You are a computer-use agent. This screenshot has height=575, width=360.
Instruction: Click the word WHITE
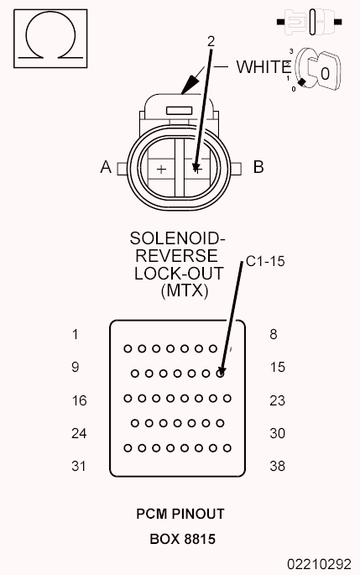point(264,67)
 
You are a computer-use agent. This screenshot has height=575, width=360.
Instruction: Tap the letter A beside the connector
point(106,167)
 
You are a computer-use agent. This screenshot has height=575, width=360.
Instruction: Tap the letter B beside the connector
point(258,167)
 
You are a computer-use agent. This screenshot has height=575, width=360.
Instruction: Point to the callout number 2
point(211,41)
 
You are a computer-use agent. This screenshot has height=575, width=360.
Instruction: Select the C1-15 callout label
point(265,261)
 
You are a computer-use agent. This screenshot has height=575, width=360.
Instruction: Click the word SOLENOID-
point(177,238)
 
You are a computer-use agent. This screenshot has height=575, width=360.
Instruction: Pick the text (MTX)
point(185,290)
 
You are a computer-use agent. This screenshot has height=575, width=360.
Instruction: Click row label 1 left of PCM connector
point(76,334)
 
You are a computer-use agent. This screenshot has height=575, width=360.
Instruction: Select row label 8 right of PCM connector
point(274,334)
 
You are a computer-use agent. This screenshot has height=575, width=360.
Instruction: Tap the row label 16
point(79,400)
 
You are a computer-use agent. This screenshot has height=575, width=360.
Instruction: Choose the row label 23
point(277,400)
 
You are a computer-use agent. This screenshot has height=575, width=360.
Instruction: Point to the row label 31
point(78,466)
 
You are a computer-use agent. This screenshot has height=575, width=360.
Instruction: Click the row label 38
point(277,466)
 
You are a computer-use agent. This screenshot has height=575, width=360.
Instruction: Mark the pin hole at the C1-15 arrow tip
point(220,374)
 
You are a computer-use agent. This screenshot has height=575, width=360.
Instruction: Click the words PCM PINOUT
point(180,514)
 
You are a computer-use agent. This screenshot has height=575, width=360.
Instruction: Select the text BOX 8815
point(183,539)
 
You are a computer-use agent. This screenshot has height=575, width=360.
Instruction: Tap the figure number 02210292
point(319,564)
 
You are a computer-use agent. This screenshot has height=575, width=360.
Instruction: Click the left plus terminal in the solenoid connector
point(161,169)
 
